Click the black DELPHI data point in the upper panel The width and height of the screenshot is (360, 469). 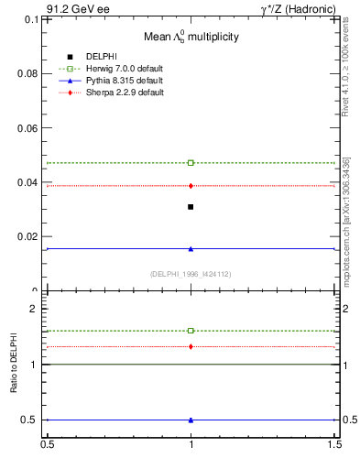click(191, 207)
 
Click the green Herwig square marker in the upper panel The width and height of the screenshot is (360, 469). click(191, 163)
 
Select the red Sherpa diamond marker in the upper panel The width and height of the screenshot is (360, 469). click(191, 186)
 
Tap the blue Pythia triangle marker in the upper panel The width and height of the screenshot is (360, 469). click(191, 248)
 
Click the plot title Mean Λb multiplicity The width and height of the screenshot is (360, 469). click(191, 38)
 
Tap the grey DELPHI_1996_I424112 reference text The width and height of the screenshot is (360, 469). click(191, 273)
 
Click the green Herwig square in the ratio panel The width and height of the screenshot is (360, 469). click(191, 331)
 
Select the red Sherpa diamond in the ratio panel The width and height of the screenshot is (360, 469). click(191, 346)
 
